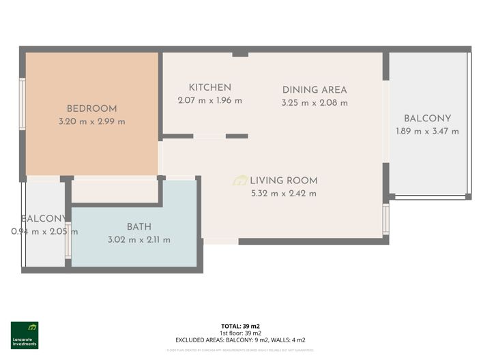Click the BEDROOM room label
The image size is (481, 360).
point(91,108)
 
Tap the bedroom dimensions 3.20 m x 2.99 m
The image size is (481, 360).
point(91,121)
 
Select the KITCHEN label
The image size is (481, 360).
point(209,87)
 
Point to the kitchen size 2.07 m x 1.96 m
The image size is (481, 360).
point(209,100)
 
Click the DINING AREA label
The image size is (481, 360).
point(315,90)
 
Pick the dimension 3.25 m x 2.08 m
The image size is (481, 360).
point(315,103)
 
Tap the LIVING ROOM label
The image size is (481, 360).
point(283,181)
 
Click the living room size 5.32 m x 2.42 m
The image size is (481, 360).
point(283,194)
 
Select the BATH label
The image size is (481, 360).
point(139,226)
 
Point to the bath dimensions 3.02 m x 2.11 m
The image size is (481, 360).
point(139,239)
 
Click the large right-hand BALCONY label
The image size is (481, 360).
point(427,118)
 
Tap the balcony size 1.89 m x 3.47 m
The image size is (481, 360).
point(427,131)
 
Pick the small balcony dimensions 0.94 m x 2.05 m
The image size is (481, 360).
point(44,232)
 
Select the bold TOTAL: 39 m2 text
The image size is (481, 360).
point(240,326)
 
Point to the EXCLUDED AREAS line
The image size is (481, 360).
point(240,340)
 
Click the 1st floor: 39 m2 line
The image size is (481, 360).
point(240,333)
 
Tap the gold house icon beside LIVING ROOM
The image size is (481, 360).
point(240,181)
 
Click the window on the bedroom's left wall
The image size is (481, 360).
point(23,104)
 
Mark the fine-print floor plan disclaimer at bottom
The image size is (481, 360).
point(240,350)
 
